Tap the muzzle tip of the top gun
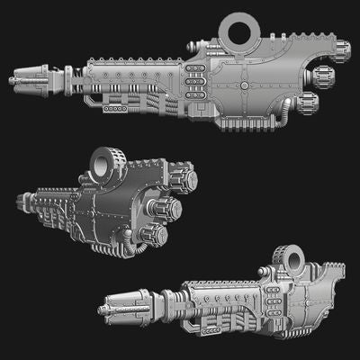(x=13, y=80)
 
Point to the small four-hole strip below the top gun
(x=114, y=109)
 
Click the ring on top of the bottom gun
(x=291, y=261)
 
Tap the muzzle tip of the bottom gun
(x=105, y=310)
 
